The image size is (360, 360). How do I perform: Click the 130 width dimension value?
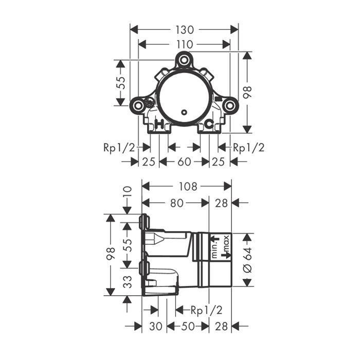185,30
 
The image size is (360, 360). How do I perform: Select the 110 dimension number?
184,45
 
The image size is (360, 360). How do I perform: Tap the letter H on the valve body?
159,124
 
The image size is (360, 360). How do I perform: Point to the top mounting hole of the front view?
184,60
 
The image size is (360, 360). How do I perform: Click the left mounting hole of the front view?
138,106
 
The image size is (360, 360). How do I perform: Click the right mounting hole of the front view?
229,106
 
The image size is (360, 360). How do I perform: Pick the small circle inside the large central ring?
184,112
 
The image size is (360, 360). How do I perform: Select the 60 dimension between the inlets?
184,162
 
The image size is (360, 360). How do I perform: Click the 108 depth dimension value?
188,186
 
